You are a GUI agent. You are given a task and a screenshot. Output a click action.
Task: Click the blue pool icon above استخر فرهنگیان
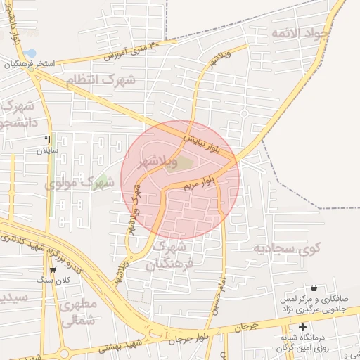(30, 53)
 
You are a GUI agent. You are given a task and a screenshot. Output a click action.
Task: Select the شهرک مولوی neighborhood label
(79, 183)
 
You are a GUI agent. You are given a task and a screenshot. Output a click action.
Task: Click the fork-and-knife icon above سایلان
(48, 139)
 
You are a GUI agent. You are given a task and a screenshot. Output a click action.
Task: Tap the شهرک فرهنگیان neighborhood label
(168, 255)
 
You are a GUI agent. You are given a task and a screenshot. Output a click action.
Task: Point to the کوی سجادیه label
(287, 247)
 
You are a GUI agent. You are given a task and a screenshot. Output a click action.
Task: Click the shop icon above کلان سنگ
(53, 270)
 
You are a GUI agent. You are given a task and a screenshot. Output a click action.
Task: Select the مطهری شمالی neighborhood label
(78, 314)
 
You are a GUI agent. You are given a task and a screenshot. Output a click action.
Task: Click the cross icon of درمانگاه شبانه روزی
(302, 327)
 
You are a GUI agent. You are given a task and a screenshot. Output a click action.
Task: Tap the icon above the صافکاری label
(313, 288)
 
